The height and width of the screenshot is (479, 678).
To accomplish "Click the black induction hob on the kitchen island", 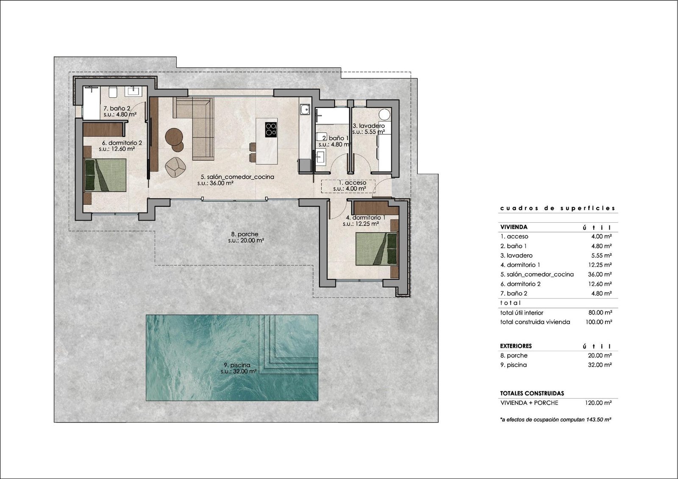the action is (271, 130).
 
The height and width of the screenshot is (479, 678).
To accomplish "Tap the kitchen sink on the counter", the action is (305, 109).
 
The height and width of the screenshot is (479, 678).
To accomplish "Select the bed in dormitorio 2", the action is (106, 175).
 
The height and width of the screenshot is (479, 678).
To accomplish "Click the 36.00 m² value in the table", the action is (600, 274).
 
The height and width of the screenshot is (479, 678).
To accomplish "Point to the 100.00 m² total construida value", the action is (599, 322).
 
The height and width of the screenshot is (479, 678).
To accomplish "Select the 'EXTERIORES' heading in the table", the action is (516, 346).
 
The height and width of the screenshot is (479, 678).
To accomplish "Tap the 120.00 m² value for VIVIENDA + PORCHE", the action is (599, 403).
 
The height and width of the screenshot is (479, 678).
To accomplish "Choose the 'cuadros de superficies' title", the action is (558, 208).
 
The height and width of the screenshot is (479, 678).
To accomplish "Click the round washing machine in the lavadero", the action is (385, 115).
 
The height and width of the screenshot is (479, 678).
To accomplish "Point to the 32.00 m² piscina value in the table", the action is (600, 365).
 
